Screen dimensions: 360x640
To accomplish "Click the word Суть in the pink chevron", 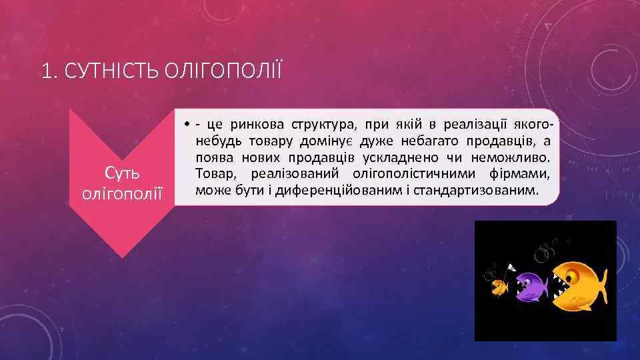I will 122,173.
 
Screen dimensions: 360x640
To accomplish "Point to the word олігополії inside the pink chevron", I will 122,193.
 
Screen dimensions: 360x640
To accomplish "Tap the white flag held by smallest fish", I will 510,268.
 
